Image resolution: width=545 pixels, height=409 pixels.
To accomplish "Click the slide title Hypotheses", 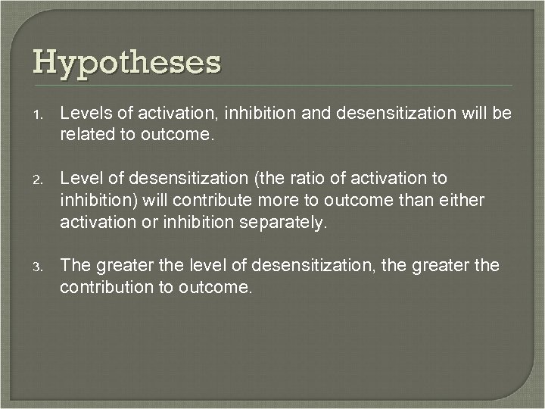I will (126, 62).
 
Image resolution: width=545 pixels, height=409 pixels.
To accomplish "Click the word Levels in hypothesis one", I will (83, 113).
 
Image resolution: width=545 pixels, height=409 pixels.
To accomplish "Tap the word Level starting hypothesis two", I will (79, 178).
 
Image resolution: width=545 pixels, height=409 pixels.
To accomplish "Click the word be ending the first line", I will (503, 113).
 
